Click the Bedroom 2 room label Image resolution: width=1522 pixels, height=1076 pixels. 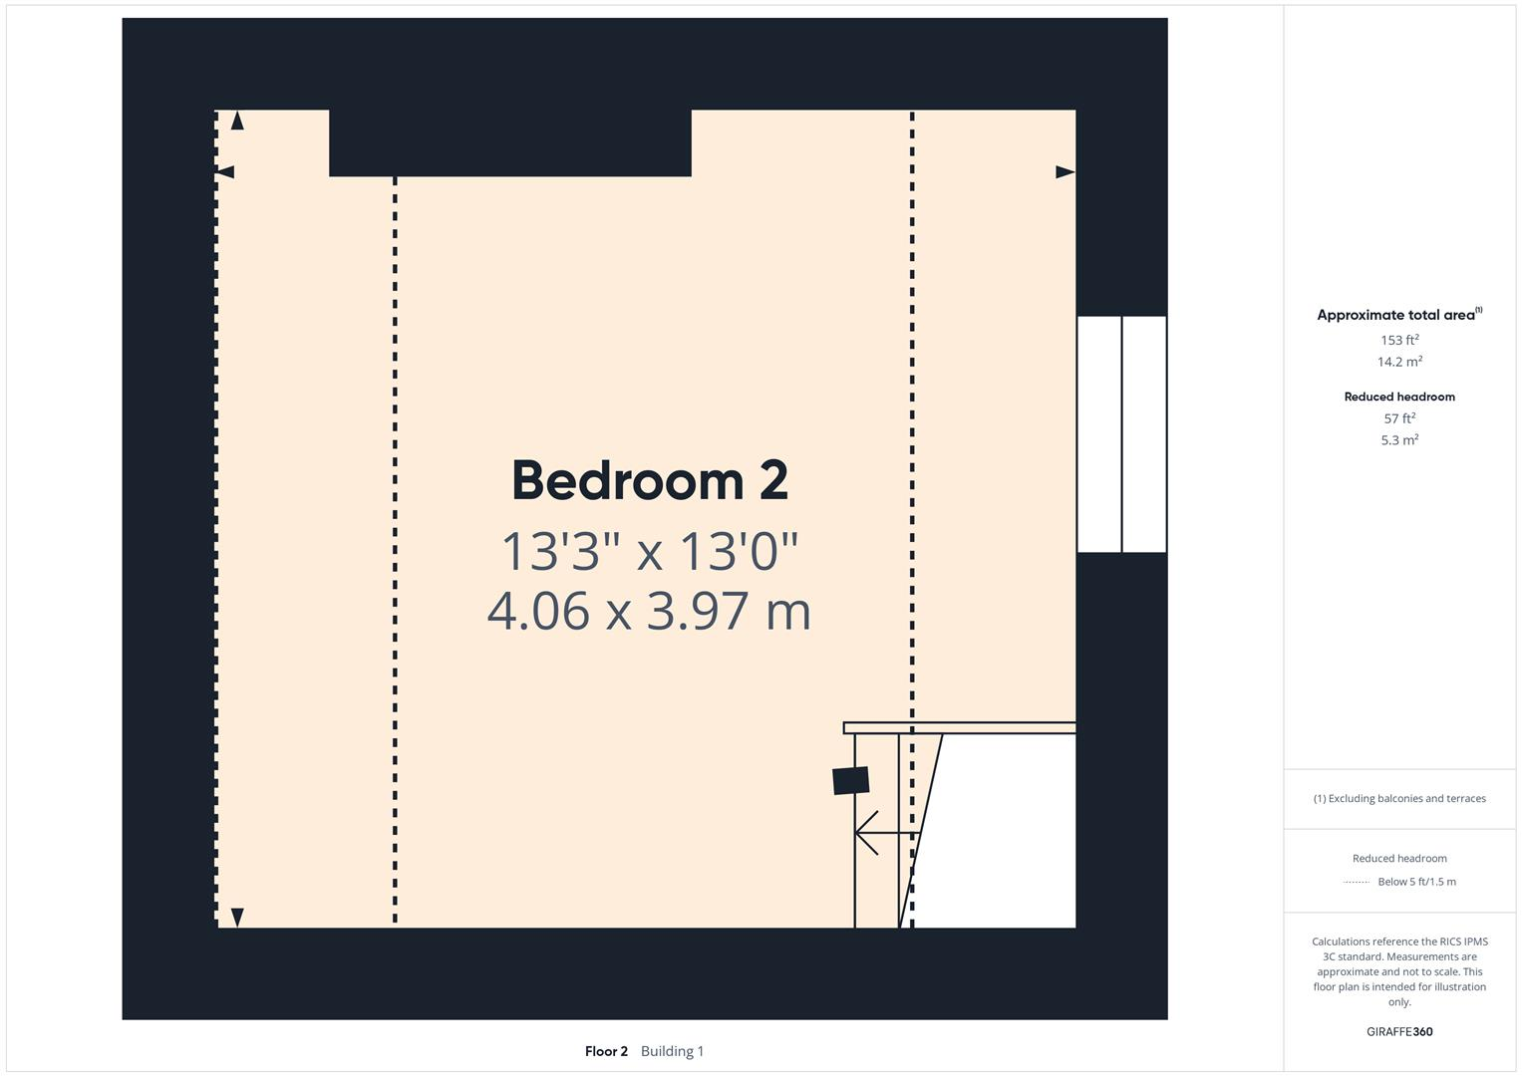(x=650, y=481)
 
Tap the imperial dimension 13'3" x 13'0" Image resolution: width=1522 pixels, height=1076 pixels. (x=650, y=551)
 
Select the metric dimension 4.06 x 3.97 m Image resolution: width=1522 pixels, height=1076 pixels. (x=649, y=611)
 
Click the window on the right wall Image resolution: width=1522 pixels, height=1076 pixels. (x=1121, y=433)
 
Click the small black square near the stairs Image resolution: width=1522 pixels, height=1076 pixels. (x=850, y=780)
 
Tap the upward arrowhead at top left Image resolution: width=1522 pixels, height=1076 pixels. (x=237, y=121)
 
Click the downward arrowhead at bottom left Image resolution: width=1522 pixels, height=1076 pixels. (x=237, y=917)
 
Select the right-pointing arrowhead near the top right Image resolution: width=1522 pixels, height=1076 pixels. (x=1065, y=172)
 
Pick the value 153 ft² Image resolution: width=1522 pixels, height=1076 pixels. (x=1399, y=340)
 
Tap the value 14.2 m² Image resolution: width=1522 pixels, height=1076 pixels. (x=1399, y=362)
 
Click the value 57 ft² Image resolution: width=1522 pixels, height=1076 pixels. (x=1399, y=418)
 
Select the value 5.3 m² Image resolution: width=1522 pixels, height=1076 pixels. (x=1399, y=439)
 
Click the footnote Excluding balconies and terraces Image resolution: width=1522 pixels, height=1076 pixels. (x=1399, y=798)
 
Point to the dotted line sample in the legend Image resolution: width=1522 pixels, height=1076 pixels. (x=1356, y=882)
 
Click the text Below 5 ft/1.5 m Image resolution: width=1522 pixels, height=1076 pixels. (x=1416, y=882)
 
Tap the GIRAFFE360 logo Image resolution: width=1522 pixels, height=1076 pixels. (x=1399, y=1032)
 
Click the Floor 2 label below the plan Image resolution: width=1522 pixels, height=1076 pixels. (x=606, y=1051)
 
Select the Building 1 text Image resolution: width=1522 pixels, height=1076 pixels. (x=672, y=1051)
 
